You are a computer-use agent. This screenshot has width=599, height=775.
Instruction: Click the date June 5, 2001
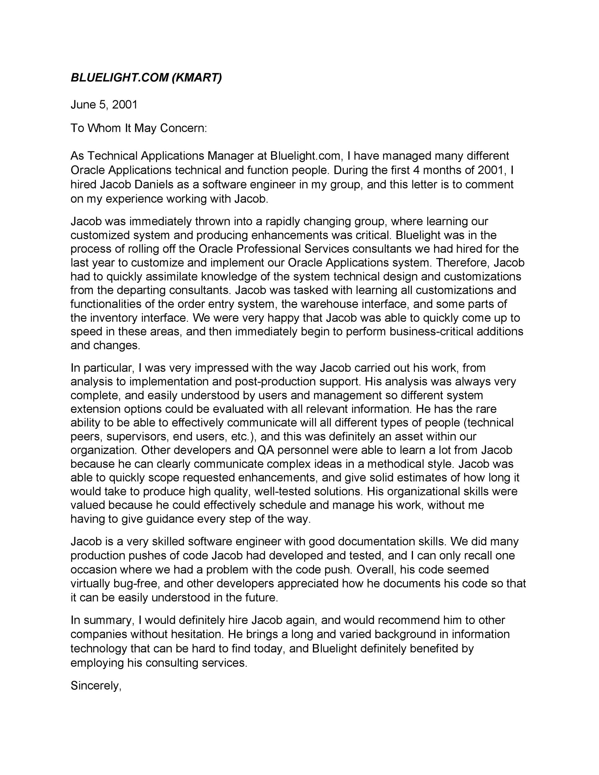coord(104,105)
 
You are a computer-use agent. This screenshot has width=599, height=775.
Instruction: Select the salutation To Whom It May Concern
coord(138,128)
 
